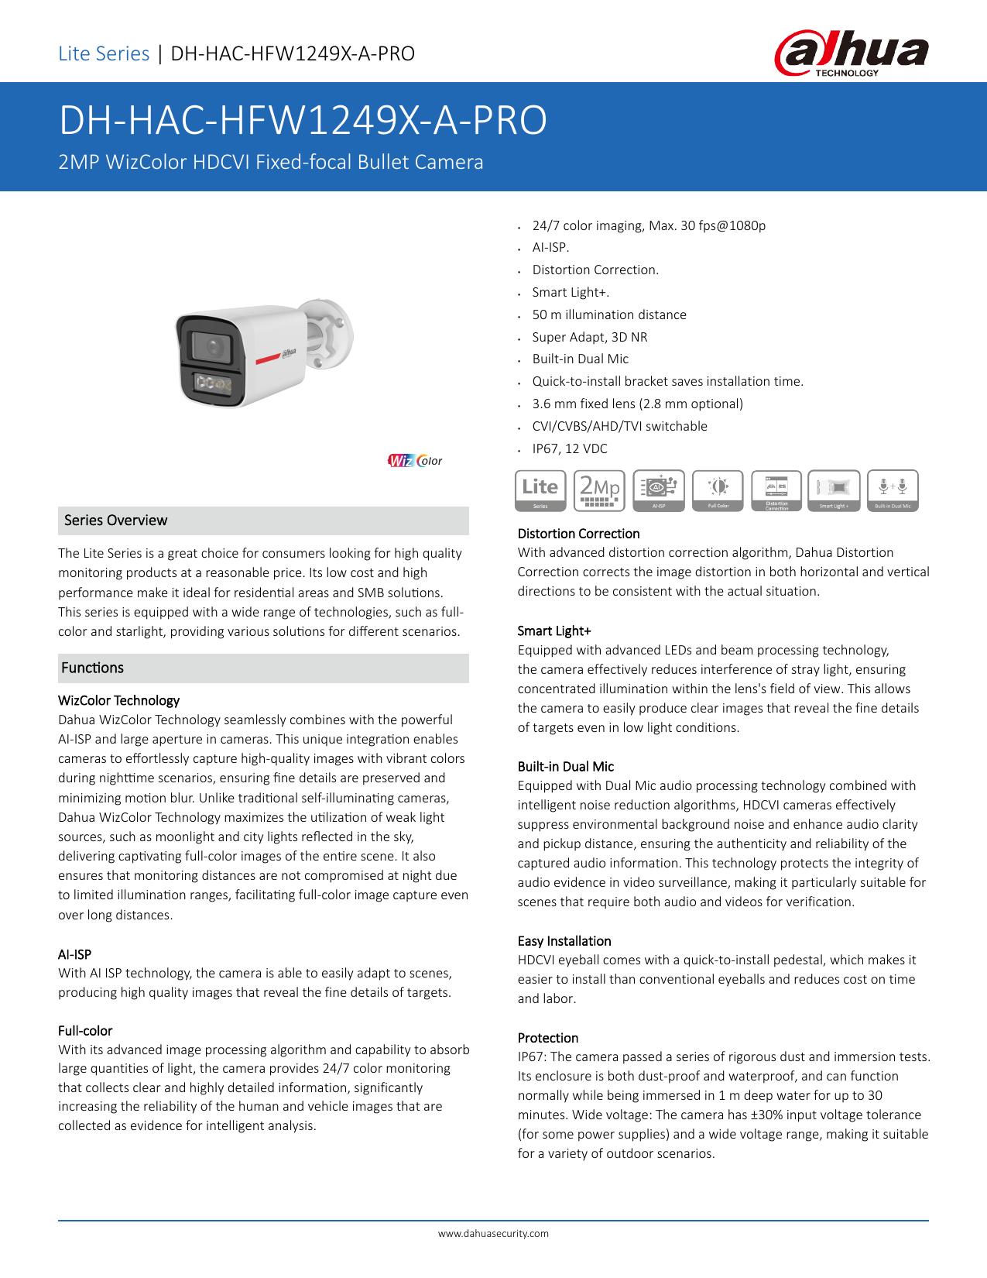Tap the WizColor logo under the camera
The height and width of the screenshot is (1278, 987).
click(415, 461)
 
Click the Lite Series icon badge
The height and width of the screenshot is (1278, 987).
click(540, 490)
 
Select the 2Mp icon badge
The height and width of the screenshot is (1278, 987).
click(599, 490)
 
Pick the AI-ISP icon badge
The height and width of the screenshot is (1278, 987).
click(659, 490)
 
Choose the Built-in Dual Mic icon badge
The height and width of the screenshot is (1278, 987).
click(893, 490)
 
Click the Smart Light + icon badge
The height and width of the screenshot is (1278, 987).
click(834, 490)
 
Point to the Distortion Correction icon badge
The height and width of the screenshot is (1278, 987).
click(776, 490)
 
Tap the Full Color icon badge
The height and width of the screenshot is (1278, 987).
click(718, 490)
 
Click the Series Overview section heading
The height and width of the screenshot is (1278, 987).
click(116, 520)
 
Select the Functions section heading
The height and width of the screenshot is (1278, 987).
click(93, 668)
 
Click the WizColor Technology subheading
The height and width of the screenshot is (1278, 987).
click(118, 701)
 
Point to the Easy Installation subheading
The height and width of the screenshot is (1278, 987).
click(564, 941)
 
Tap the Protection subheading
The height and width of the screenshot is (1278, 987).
click(548, 1038)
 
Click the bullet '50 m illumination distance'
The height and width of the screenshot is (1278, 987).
click(609, 314)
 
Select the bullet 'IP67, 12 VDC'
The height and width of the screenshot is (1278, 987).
click(570, 448)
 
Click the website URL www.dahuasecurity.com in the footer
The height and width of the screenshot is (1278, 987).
click(494, 1233)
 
